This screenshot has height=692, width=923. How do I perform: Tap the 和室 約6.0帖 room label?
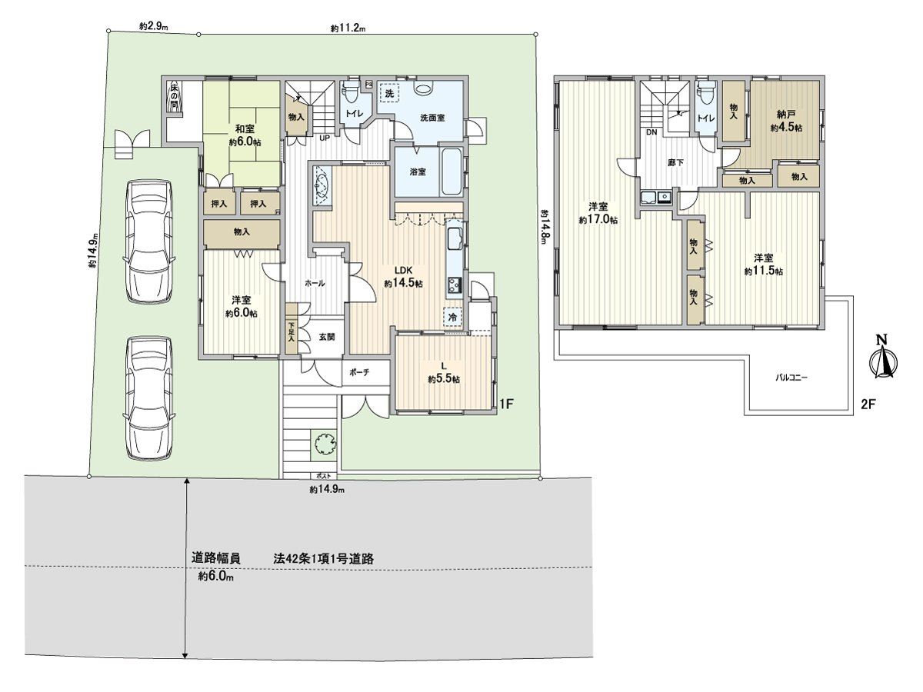242,136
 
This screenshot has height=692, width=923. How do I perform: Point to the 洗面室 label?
432,118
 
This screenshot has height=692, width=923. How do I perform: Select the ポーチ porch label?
358,373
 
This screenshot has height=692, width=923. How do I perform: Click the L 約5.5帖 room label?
444,372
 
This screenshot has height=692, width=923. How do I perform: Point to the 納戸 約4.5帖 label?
785,120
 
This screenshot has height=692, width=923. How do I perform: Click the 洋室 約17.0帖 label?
598,213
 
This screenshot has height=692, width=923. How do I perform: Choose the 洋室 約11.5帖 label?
763,264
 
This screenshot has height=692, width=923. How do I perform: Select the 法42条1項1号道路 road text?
323,559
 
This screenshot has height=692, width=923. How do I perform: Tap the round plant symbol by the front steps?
324,444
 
